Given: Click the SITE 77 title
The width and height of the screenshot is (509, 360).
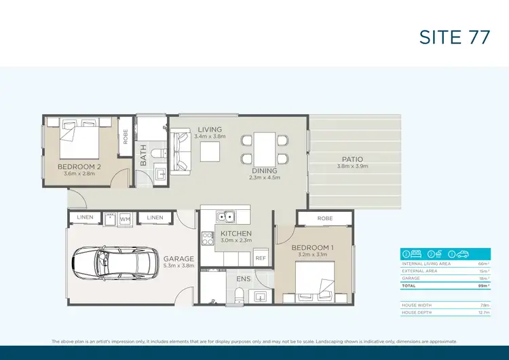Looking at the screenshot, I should [x=454, y=37].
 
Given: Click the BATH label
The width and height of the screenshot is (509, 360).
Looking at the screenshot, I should [x=143, y=158].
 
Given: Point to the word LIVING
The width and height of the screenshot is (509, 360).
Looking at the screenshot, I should [x=210, y=129].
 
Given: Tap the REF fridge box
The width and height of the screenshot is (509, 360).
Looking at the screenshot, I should [x=261, y=258].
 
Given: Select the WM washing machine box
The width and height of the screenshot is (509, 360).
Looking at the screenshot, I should [x=124, y=219].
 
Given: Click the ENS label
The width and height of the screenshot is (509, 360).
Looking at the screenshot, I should [x=244, y=279].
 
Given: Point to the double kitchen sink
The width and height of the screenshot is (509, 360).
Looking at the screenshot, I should [x=225, y=217].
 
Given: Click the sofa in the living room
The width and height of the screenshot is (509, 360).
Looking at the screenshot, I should [x=183, y=151].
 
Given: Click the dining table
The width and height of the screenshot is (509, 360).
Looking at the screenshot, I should [x=264, y=149].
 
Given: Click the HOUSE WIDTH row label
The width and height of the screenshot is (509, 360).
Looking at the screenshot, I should [x=415, y=306].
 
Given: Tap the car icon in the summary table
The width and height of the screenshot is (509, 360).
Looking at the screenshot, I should [x=462, y=254].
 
